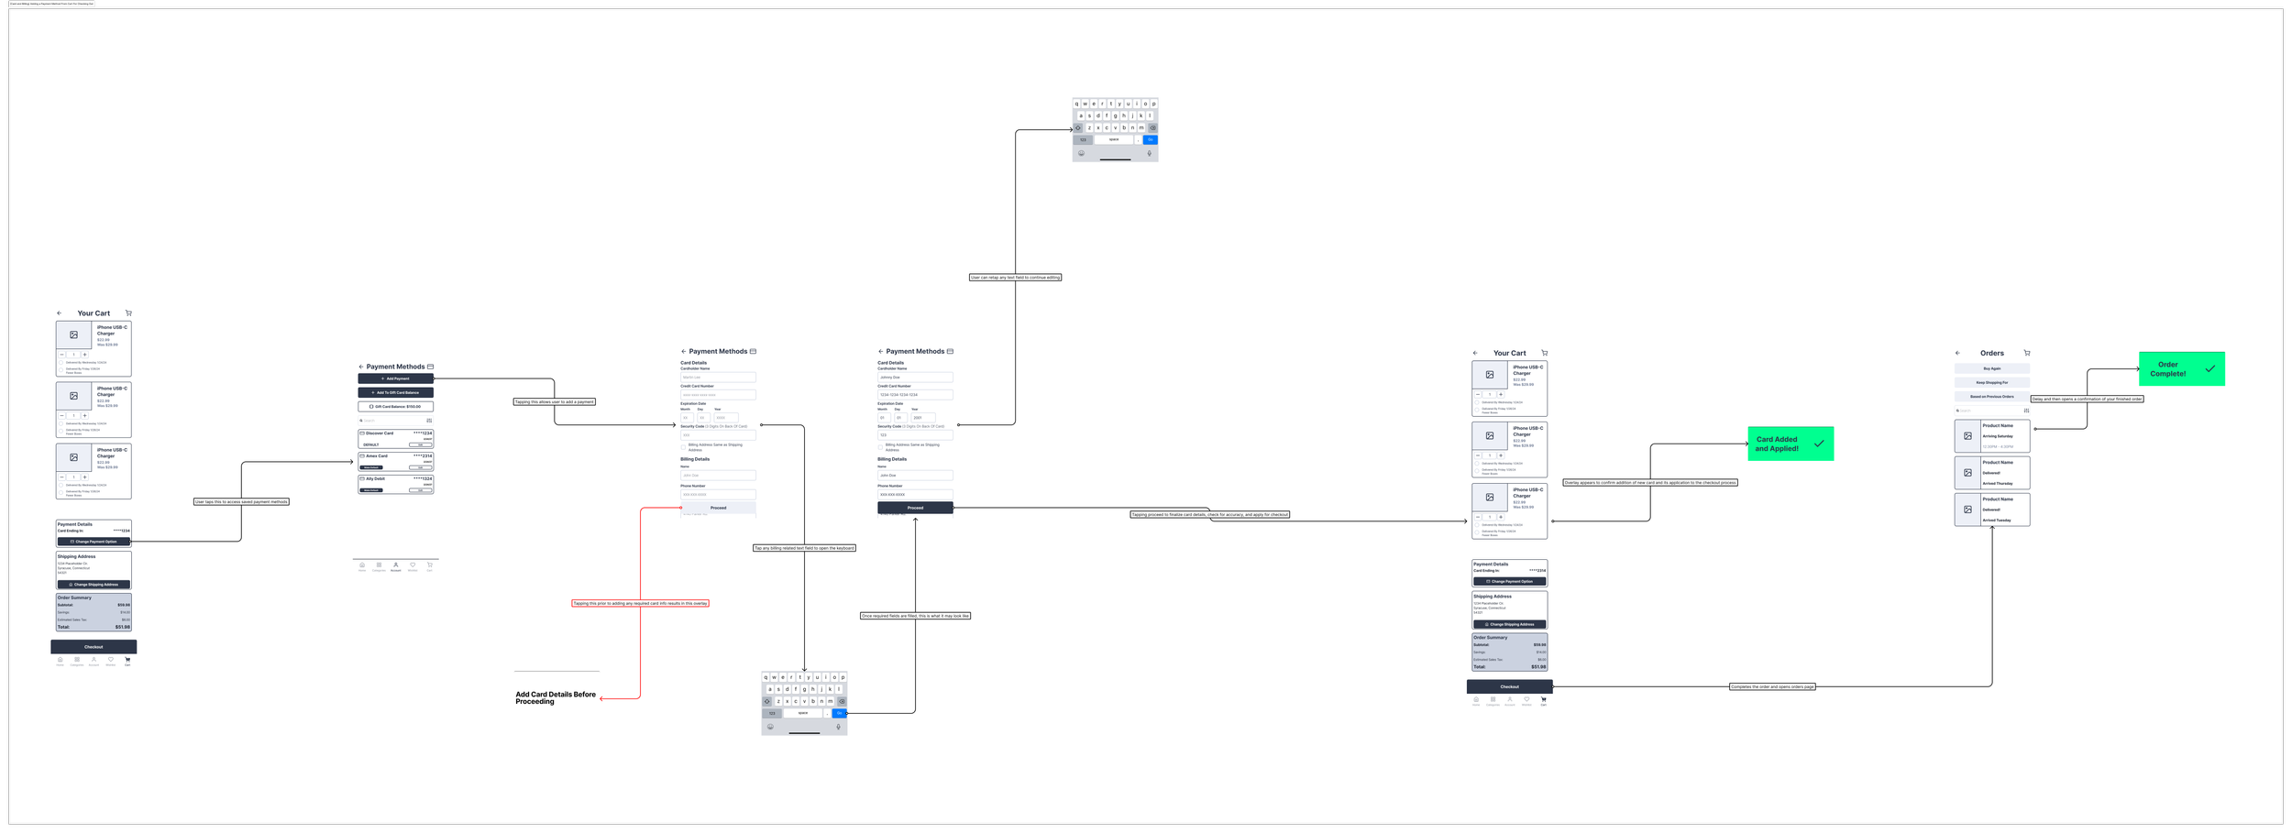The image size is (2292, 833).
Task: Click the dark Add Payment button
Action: (x=395, y=378)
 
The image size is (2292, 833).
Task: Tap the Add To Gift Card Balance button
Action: (x=395, y=392)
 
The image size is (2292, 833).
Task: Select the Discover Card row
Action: (x=395, y=438)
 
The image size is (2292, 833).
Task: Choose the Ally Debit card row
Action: (x=395, y=484)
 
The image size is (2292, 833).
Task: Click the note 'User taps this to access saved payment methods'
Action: (x=241, y=502)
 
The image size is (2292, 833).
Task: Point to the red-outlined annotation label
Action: (x=640, y=603)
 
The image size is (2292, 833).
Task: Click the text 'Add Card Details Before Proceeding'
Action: (x=555, y=698)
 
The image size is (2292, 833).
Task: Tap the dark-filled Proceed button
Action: (x=915, y=508)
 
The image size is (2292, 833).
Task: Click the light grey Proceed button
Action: (x=718, y=508)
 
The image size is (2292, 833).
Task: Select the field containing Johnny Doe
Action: (x=915, y=378)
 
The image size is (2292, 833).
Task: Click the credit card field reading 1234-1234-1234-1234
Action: (x=915, y=395)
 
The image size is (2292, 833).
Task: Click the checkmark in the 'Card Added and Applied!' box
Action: (x=1819, y=444)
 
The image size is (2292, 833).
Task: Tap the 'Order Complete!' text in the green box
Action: (x=2167, y=369)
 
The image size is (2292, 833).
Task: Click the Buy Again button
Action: (x=1992, y=368)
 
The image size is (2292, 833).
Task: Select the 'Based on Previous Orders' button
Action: (x=1992, y=397)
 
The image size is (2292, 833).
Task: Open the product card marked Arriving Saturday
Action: (x=1992, y=436)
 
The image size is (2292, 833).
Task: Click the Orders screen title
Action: (x=1991, y=353)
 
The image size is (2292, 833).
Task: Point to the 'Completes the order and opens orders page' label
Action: (x=1772, y=686)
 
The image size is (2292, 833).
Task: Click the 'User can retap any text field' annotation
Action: (x=1015, y=278)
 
